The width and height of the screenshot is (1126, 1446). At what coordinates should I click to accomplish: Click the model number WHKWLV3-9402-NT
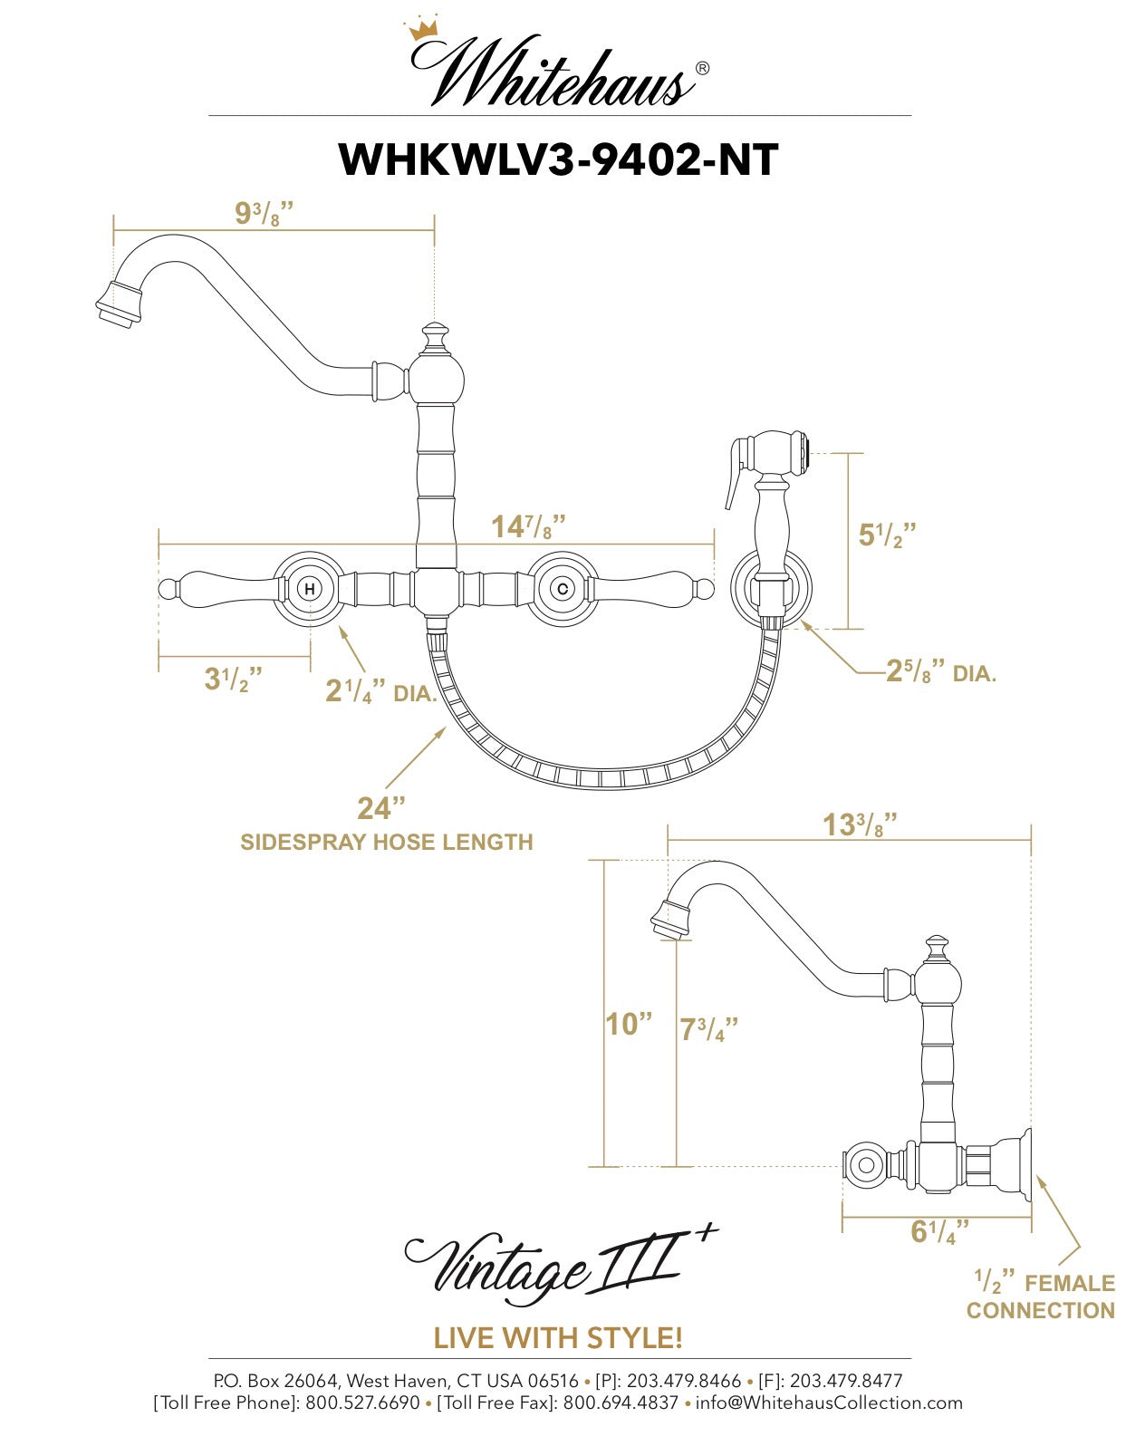click(x=558, y=159)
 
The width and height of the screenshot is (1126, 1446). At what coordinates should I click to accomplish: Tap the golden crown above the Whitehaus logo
click(x=422, y=30)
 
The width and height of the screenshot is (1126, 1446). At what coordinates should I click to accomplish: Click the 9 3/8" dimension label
click(x=264, y=215)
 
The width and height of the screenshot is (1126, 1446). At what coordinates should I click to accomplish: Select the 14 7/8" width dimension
click(x=528, y=526)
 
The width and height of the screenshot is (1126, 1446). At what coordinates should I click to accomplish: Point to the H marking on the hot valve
click(x=309, y=589)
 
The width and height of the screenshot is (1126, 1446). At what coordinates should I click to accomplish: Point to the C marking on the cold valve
click(x=563, y=589)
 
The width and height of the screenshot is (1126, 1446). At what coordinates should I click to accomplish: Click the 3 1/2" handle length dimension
click(x=233, y=679)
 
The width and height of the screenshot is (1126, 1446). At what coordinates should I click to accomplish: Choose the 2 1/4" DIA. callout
click(x=380, y=692)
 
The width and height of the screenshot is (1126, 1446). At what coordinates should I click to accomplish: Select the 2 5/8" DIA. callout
click(x=940, y=672)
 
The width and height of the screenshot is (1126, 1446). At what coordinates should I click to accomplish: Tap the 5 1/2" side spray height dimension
click(x=887, y=535)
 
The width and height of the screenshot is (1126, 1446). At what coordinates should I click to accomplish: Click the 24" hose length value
click(x=380, y=807)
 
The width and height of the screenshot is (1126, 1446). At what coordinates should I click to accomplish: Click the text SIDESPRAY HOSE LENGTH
click(x=386, y=842)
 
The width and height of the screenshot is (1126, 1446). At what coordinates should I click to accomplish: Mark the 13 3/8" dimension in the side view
click(x=859, y=825)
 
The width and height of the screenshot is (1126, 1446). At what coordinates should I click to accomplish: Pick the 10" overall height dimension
click(x=628, y=1024)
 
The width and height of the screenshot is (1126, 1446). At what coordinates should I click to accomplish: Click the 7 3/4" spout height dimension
click(x=708, y=1029)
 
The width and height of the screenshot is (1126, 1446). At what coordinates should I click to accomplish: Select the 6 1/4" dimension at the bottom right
click(x=938, y=1232)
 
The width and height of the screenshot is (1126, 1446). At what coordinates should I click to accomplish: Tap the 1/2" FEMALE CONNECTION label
click(x=1041, y=1297)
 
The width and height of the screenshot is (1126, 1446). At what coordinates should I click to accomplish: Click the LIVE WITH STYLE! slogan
click(x=558, y=1337)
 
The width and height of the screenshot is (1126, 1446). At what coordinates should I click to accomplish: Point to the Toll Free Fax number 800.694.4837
click(x=621, y=1403)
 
